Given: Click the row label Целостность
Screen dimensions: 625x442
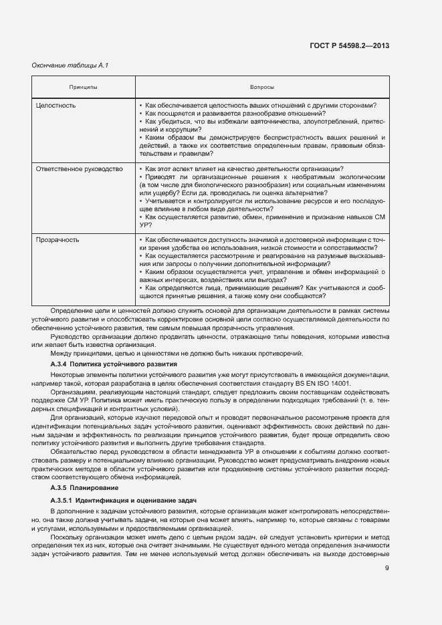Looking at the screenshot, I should [x=56, y=106].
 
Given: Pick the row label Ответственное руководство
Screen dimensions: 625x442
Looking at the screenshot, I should [x=79, y=169].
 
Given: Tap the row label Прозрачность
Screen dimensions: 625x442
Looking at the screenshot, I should [x=58, y=239].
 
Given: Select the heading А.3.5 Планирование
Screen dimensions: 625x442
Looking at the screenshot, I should [x=79, y=489].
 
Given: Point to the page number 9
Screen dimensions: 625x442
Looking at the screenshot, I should [x=387, y=568].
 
